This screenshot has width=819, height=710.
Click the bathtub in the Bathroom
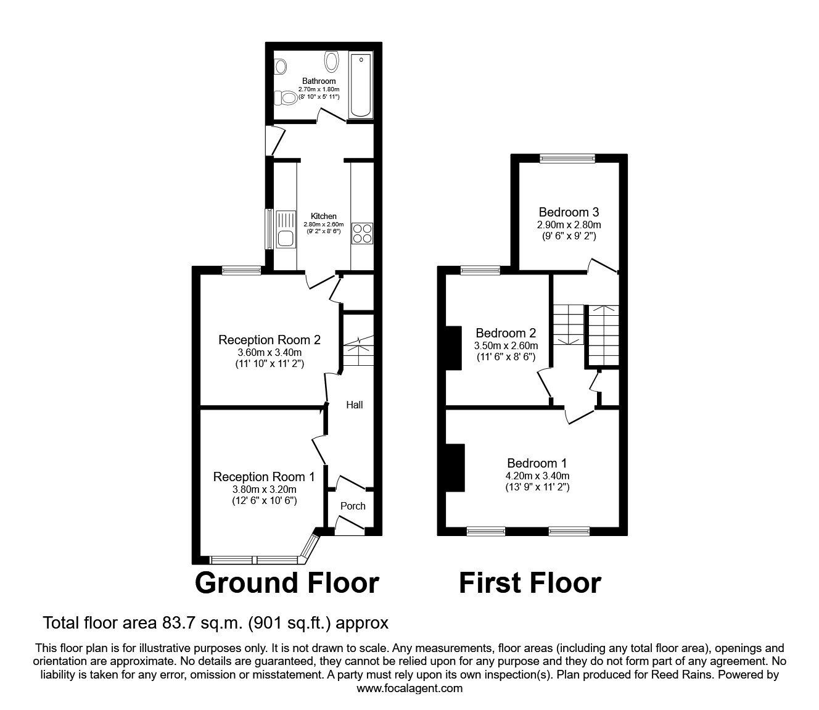[x=361, y=85]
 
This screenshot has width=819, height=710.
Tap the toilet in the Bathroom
[x=286, y=97]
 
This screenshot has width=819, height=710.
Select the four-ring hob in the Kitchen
[x=362, y=233]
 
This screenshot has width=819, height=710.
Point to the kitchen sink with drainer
[x=286, y=229]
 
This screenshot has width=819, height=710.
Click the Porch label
[x=353, y=506]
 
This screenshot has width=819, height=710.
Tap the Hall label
[x=354, y=405]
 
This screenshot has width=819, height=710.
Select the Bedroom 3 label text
[x=568, y=212]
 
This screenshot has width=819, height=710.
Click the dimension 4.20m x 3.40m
[x=537, y=476]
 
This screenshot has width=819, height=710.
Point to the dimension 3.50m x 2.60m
[x=505, y=345]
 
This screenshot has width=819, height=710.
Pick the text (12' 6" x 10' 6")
[x=263, y=501]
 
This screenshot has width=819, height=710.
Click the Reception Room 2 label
[x=270, y=340]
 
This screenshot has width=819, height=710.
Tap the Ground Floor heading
[x=287, y=582]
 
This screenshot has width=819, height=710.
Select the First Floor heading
[x=529, y=582]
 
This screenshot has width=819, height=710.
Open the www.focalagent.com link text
[x=409, y=688]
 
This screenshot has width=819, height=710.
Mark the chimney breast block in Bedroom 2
[x=454, y=348]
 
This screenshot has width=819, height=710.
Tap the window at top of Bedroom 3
[x=567, y=159]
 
